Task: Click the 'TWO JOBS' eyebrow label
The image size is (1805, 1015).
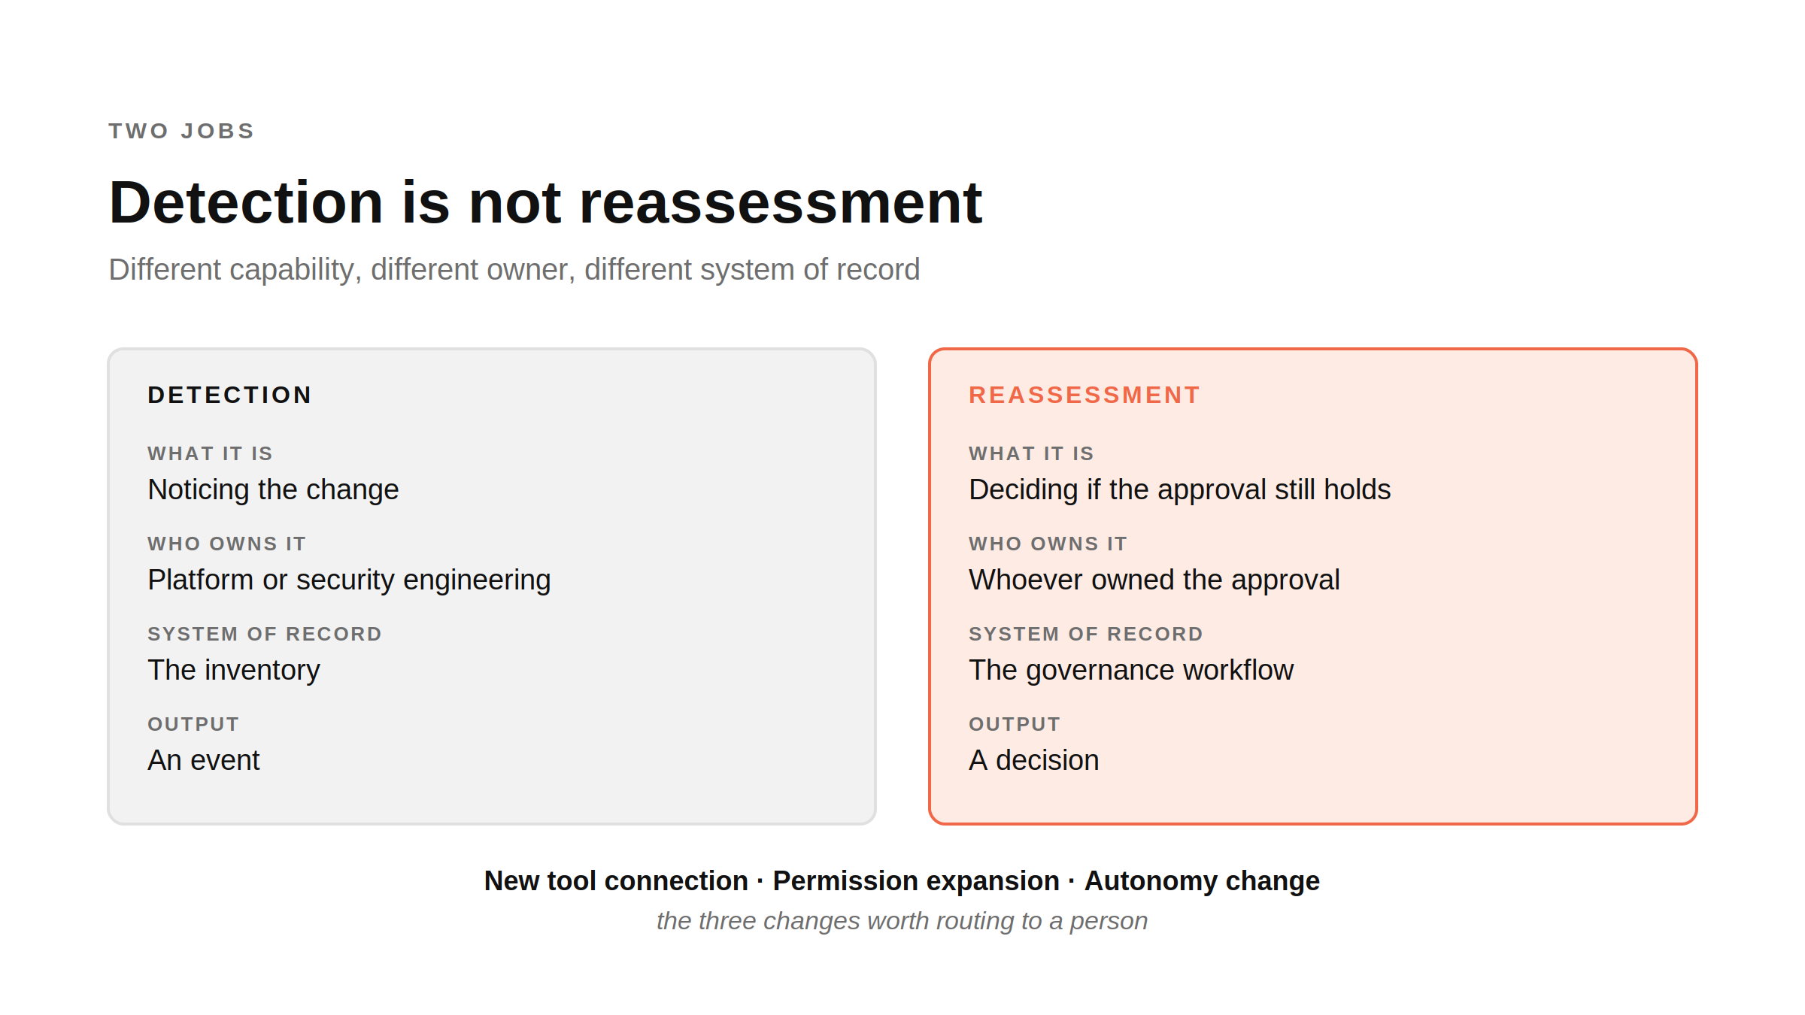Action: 181,131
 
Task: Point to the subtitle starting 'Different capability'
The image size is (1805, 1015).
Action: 514,269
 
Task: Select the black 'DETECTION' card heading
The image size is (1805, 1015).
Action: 229,395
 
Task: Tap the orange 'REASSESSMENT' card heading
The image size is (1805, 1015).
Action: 1084,395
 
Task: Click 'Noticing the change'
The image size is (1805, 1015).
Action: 273,489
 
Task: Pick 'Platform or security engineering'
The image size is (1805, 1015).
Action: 349,580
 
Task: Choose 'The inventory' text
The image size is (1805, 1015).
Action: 234,670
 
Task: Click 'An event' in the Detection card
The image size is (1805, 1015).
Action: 204,760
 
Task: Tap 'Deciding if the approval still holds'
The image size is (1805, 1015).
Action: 1180,489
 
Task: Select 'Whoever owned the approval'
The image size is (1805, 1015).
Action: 1154,580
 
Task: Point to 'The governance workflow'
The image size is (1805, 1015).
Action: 1131,670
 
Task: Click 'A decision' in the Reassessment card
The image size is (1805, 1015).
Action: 1034,760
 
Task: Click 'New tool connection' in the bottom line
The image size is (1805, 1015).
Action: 616,880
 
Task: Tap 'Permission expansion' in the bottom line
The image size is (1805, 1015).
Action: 916,880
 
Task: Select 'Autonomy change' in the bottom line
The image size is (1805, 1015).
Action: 1202,880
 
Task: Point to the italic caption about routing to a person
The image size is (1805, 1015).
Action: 902,921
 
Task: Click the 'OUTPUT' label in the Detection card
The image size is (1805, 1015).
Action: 193,724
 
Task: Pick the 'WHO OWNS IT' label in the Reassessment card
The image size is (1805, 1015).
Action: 1048,544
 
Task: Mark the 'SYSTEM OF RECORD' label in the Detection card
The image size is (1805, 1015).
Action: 265,634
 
